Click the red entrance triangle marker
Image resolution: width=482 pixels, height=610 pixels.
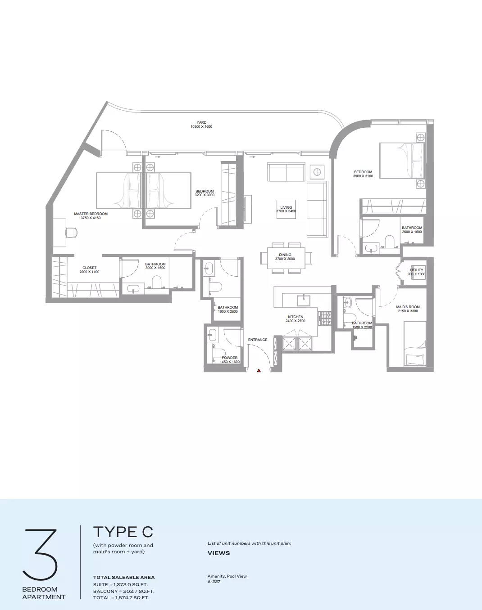tap(259, 370)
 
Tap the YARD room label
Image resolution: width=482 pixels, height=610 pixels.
tap(201, 122)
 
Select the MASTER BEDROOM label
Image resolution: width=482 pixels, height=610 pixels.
tap(91, 214)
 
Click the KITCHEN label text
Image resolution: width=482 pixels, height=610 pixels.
tap(296, 317)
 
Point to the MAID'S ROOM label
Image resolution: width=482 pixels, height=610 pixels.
tap(408, 307)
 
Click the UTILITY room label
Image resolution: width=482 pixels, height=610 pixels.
tap(417, 270)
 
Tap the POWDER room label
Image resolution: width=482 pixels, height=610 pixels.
tap(230, 358)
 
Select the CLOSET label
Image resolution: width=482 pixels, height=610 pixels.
tap(89, 268)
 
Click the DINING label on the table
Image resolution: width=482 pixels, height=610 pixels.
tap(285, 255)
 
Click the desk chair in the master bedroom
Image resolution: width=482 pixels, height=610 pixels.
tap(71, 233)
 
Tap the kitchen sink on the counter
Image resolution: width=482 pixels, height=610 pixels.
tap(304, 300)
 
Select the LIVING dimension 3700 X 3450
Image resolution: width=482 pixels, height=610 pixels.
tap(286, 211)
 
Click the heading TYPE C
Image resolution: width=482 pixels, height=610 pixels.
tap(123, 532)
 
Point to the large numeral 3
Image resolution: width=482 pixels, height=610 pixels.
tap(40, 554)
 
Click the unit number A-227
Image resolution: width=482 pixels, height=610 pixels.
tap(214, 582)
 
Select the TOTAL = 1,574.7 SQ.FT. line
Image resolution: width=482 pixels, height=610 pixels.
tap(121, 597)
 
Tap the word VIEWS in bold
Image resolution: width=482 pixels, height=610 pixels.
tap(218, 553)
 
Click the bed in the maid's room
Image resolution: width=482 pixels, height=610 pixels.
tap(415, 344)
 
